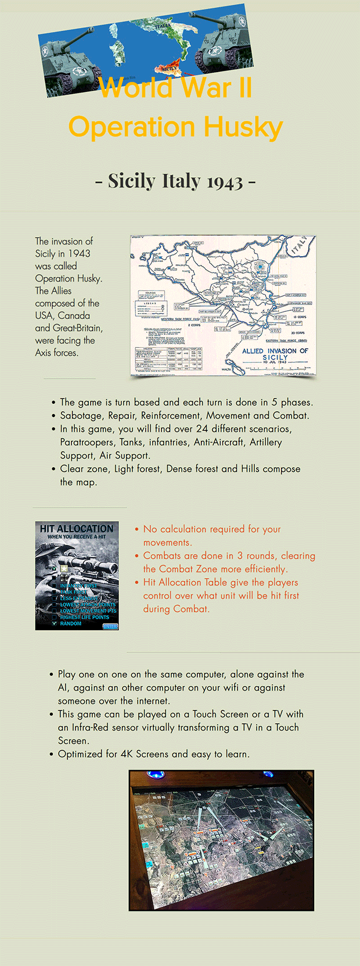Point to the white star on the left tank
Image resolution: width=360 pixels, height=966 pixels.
pyautogui.click(x=45, y=53)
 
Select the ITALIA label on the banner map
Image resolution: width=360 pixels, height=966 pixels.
pyautogui.click(x=163, y=26)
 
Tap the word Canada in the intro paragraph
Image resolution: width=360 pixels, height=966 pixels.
pyautogui.click(x=74, y=315)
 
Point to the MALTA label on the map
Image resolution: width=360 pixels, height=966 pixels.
pyautogui.click(x=226, y=369)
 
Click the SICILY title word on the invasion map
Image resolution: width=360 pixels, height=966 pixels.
pyautogui.click(x=275, y=357)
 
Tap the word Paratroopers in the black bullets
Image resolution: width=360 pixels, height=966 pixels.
pyautogui.click(x=87, y=442)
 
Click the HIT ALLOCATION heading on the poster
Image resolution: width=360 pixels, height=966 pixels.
pyautogui.click(x=77, y=529)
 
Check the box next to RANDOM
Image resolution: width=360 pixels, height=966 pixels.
pyautogui.click(x=55, y=623)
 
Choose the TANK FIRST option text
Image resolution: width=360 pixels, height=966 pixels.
pyautogui.click(x=74, y=592)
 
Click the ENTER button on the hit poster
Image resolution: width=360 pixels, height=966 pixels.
pyautogui.click(x=110, y=626)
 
